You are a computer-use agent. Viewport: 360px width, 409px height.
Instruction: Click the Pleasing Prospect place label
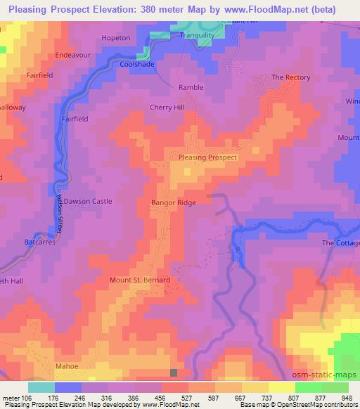tap(208, 157)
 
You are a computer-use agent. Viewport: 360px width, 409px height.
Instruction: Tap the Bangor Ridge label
tap(173, 202)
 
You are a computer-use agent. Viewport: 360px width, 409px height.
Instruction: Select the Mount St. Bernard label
tap(140, 280)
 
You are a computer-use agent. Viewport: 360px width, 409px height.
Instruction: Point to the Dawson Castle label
tap(88, 201)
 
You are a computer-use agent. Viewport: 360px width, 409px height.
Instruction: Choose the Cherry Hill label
tap(167, 107)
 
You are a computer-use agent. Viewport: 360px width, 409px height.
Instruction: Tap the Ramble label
tap(191, 86)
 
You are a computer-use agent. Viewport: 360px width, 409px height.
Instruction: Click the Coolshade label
tap(136, 63)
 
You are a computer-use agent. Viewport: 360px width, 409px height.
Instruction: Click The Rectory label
tap(290, 77)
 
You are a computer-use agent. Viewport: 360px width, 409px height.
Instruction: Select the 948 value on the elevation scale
tap(346, 396)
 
